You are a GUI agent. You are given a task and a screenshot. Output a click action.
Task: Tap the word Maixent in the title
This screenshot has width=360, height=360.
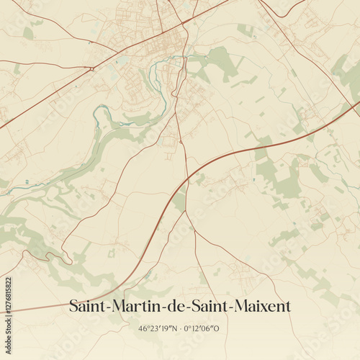click(264, 306)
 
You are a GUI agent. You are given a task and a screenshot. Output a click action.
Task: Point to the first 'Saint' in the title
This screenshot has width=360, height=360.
click(86, 306)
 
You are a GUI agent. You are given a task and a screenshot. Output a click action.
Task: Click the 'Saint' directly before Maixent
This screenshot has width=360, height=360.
click(208, 306)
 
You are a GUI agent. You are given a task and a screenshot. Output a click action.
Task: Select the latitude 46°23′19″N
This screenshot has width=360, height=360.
click(162, 328)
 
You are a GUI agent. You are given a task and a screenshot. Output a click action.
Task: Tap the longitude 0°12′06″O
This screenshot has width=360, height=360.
click(202, 328)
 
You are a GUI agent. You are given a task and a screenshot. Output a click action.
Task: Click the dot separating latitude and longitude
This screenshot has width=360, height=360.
click(182, 328)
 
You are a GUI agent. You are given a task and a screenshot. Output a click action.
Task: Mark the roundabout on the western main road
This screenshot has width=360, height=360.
click(93, 68)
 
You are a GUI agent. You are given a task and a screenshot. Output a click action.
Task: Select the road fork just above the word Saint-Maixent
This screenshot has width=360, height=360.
click(186, 212)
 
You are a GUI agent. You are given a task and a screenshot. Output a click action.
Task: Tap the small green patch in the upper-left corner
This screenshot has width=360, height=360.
click(28, 33)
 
